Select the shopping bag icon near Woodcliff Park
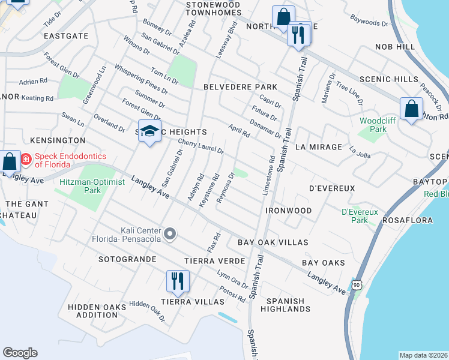coord(411,109)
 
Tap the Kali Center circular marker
coord(170,233)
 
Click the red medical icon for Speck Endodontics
coord(26,160)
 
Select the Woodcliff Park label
coord(373,125)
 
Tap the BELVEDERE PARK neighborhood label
coord(240,87)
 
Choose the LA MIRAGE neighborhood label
coord(318,146)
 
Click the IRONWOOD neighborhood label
coord(288,211)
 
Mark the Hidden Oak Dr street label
coord(146,311)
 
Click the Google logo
coord(20,353)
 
